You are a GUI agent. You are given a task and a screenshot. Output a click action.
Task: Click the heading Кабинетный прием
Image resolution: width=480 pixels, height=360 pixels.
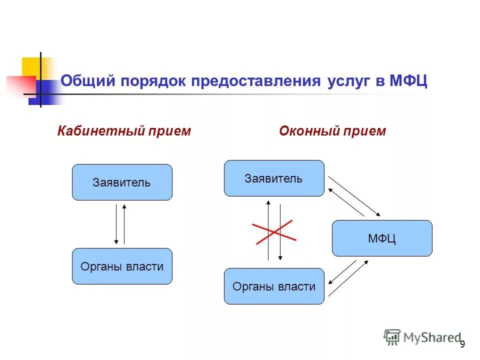point(124,131)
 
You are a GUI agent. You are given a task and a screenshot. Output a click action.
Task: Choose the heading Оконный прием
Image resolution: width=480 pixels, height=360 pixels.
point(332,131)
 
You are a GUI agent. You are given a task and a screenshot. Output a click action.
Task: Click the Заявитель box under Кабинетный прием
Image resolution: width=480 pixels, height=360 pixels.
point(122,182)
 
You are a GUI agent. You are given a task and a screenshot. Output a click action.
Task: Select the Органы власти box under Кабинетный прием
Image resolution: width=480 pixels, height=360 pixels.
point(122,266)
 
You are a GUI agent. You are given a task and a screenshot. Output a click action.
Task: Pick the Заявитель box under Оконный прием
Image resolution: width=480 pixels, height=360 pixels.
point(273,178)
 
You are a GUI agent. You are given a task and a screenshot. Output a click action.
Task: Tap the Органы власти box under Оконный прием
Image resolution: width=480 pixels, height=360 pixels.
point(273,286)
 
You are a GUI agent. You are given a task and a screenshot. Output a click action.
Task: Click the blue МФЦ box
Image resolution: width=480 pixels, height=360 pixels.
point(382,238)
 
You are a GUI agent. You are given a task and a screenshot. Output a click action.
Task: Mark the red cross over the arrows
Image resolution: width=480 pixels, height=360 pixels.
point(275,232)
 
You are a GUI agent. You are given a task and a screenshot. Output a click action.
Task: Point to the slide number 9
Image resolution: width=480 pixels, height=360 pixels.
point(462,343)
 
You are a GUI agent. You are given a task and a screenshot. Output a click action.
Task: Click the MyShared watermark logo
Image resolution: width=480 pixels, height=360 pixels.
point(422,337)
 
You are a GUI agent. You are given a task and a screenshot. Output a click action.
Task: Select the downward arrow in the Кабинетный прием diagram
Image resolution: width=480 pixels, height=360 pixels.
point(116,224)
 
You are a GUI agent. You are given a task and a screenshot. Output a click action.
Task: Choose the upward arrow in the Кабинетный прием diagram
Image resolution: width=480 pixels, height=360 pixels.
point(124,224)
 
